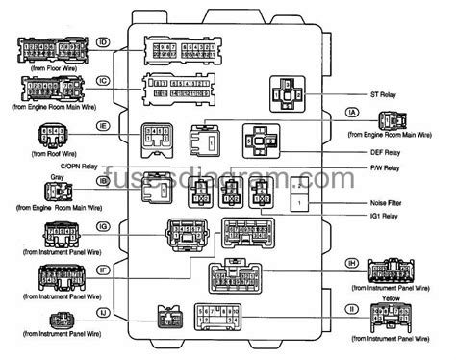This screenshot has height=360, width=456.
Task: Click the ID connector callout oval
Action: [102, 42]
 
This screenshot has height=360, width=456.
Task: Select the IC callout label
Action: [102, 82]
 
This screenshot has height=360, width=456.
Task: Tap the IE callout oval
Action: [103, 125]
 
